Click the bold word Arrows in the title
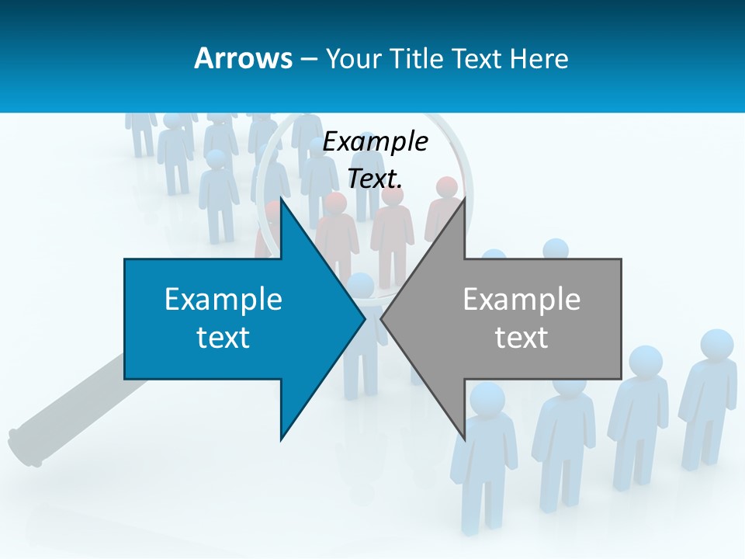click(x=243, y=58)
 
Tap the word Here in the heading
click(x=539, y=58)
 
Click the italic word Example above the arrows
click(x=375, y=141)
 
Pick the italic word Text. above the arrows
click(x=375, y=179)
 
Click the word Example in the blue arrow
click(x=223, y=299)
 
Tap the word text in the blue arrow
click(x=223, y=338)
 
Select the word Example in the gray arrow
click(x=521, y=299)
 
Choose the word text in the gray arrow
click(x=521, y=338)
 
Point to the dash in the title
click(x=309, y=59)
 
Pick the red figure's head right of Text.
click(x=446, y=187)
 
